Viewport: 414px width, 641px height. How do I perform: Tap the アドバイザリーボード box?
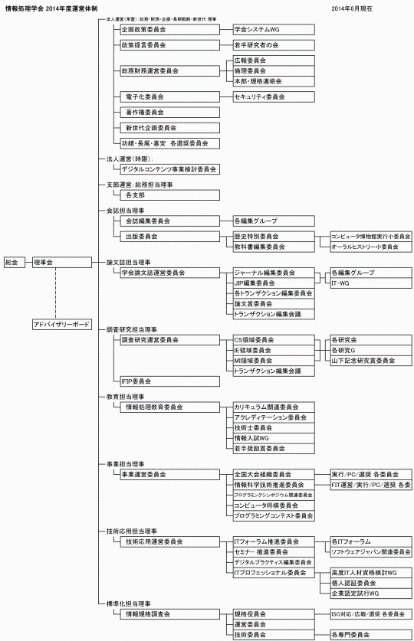point(61,325)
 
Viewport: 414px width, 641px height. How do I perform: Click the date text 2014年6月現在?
point(356,7)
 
